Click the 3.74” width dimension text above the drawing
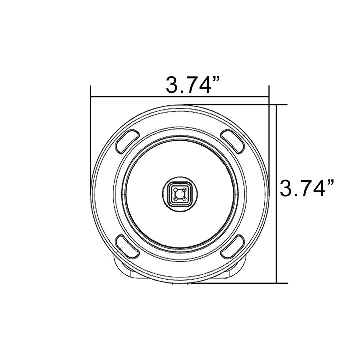tap(194, 85)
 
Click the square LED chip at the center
tap(180, 193)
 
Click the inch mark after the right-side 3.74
tap(330, 183)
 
